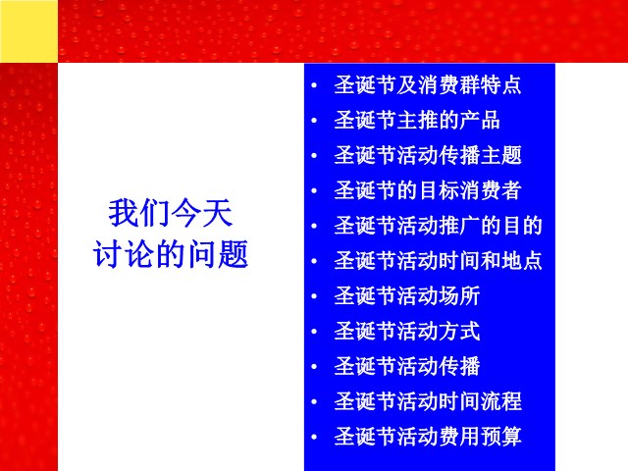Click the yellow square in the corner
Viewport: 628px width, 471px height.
coord(28,30)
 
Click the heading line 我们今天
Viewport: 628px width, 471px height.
coord(170,213)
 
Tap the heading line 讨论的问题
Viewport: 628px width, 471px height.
coord(171,254)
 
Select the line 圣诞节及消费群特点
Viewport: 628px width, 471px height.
coord(428,85)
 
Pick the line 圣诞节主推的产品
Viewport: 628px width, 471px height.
coord(417,120)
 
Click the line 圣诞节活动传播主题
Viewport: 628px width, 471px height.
coord(428,155)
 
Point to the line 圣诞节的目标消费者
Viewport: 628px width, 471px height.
coord(428,190)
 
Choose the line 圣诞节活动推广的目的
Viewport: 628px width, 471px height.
coord(439,226)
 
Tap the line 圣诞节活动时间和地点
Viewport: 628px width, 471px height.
coord(439,261)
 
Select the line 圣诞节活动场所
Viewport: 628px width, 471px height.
coord(407,296)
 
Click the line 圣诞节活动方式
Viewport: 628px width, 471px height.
coord(407,332)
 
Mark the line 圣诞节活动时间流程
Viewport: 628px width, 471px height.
coord(428,401)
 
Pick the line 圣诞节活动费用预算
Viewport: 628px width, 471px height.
coord(428,437)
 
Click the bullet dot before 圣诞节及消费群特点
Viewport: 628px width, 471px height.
coord(314,85)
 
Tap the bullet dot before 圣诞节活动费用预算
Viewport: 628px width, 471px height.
coord(314,437)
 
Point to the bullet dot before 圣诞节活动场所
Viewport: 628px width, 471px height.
coord(314,296)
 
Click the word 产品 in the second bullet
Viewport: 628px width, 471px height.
coord(480,120)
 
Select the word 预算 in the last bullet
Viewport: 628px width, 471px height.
coord(501,437)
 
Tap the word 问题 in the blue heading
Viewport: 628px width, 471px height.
coord(218,254)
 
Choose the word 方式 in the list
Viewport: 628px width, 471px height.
coord(459,332)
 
